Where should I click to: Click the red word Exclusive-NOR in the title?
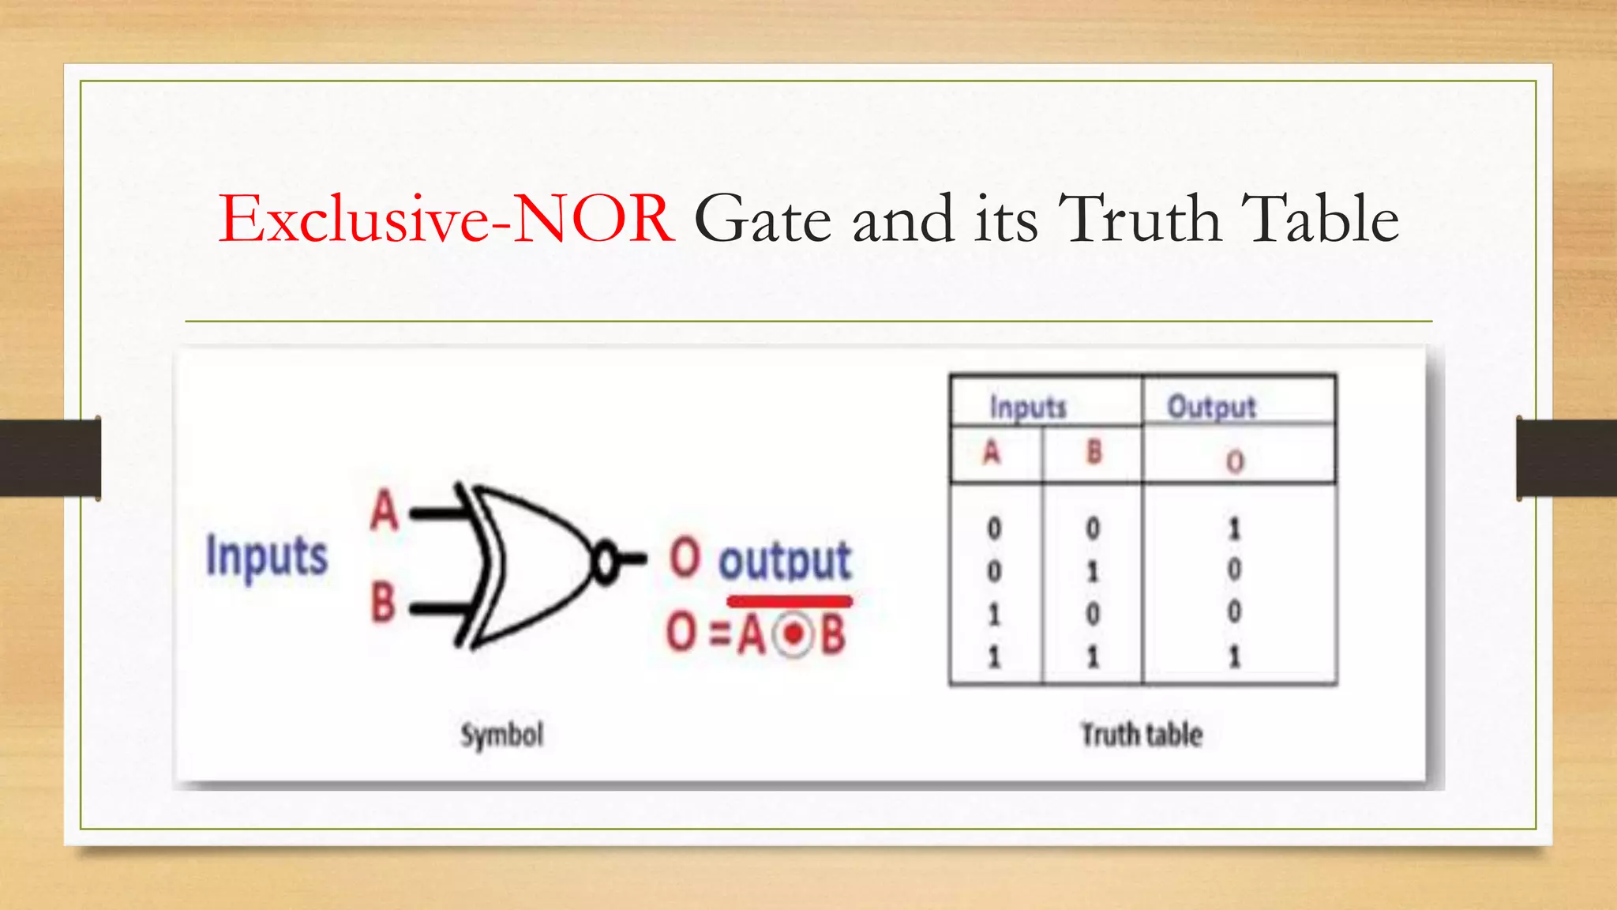[x=447, y=219]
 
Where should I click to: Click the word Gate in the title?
[x=763, y=219]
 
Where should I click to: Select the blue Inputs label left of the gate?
[x=266, y=556]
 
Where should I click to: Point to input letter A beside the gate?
[x=385, y=511]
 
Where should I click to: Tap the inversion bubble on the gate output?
[x=606, y=562]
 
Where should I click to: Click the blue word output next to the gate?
[x=784, y=561]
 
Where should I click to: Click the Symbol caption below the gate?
[x=502, y=735]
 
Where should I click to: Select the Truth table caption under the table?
[x=1141, y=735]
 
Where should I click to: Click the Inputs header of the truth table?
[x=1028, y=408]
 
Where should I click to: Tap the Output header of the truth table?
[x=1211, y=408]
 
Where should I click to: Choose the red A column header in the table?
[x=992, y=453]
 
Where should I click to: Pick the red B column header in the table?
[x=1094, y=453]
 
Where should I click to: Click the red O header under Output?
[x=1235, y=461]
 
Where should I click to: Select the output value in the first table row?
[x=1234, y=528]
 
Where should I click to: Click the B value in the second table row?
[x=1093, y=571]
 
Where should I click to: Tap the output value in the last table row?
[x=1234, y=656]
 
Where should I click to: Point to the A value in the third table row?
[x=994, y=614]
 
